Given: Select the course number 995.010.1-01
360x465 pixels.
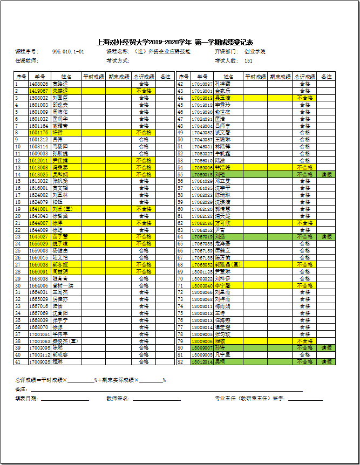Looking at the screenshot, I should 68,52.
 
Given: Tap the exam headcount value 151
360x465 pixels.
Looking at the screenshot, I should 249,60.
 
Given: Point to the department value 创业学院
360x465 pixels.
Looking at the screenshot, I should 255,52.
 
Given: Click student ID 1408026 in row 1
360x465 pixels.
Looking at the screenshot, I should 38,84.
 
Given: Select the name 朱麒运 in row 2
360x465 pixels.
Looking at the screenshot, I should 60,91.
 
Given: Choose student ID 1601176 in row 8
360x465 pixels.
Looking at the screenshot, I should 38,132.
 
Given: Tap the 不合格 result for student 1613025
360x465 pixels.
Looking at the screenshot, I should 144,175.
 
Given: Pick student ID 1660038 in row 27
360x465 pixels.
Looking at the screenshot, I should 38,265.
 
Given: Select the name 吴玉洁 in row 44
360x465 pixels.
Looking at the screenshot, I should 223,98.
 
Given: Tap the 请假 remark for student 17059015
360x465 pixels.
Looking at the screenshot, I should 327,175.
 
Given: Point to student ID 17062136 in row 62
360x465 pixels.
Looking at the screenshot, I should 202,223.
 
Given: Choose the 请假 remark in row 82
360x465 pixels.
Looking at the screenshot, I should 327,362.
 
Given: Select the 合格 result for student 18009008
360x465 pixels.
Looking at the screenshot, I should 305,355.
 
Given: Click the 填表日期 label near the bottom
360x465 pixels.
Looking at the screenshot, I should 27,399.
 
